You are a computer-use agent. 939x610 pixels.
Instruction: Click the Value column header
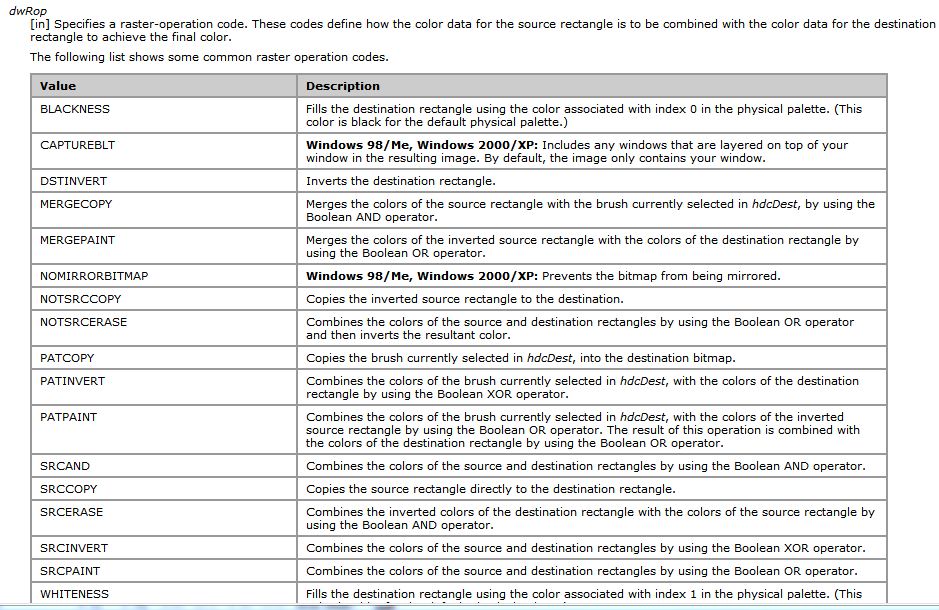coord(58,86)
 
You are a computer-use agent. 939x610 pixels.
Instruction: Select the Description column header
coord(343,86)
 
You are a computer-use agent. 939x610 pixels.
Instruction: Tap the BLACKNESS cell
coord(75,109)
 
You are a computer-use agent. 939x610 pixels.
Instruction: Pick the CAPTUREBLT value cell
coord(77,145)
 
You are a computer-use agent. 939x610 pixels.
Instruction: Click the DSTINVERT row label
coord(73,181)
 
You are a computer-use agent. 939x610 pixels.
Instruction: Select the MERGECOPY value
coord(76,204)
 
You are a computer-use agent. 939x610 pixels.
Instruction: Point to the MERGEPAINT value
coord(77,240)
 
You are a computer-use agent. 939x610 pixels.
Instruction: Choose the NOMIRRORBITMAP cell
coord(94,276)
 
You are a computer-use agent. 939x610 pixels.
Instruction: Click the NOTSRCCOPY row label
coord(80,299)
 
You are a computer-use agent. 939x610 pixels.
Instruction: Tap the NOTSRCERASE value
coord(83,322)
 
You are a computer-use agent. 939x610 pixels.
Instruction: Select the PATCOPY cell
coord(68,358)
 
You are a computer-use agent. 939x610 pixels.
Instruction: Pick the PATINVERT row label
coord(72,381)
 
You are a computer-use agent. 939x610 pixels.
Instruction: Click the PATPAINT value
coord(68,417)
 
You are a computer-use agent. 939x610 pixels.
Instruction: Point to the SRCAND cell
coord(65,466)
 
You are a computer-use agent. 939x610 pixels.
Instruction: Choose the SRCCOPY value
coord(69,489)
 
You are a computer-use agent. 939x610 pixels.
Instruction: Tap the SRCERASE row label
coord(71,512)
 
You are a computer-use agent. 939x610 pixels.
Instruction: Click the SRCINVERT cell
coord(74,548)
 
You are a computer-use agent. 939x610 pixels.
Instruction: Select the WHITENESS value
coord(74,594)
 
